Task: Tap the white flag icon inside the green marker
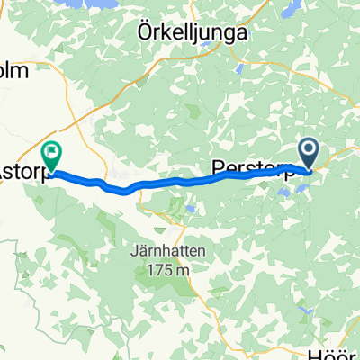pyautogui.click(x=52, y=153)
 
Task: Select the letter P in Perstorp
pyautogui.click(x=216, y=168)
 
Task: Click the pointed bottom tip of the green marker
pyautogui.click(x=52, y=171)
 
